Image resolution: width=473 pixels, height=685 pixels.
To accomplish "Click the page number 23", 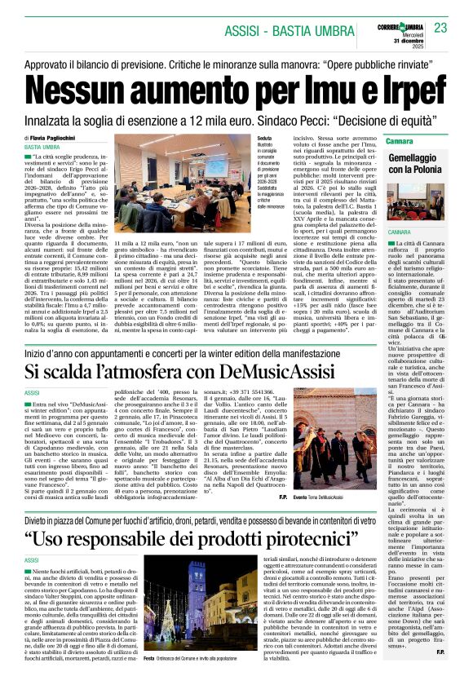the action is tap(441, 28).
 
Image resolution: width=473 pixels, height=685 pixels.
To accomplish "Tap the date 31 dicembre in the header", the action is tap(407, 41).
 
